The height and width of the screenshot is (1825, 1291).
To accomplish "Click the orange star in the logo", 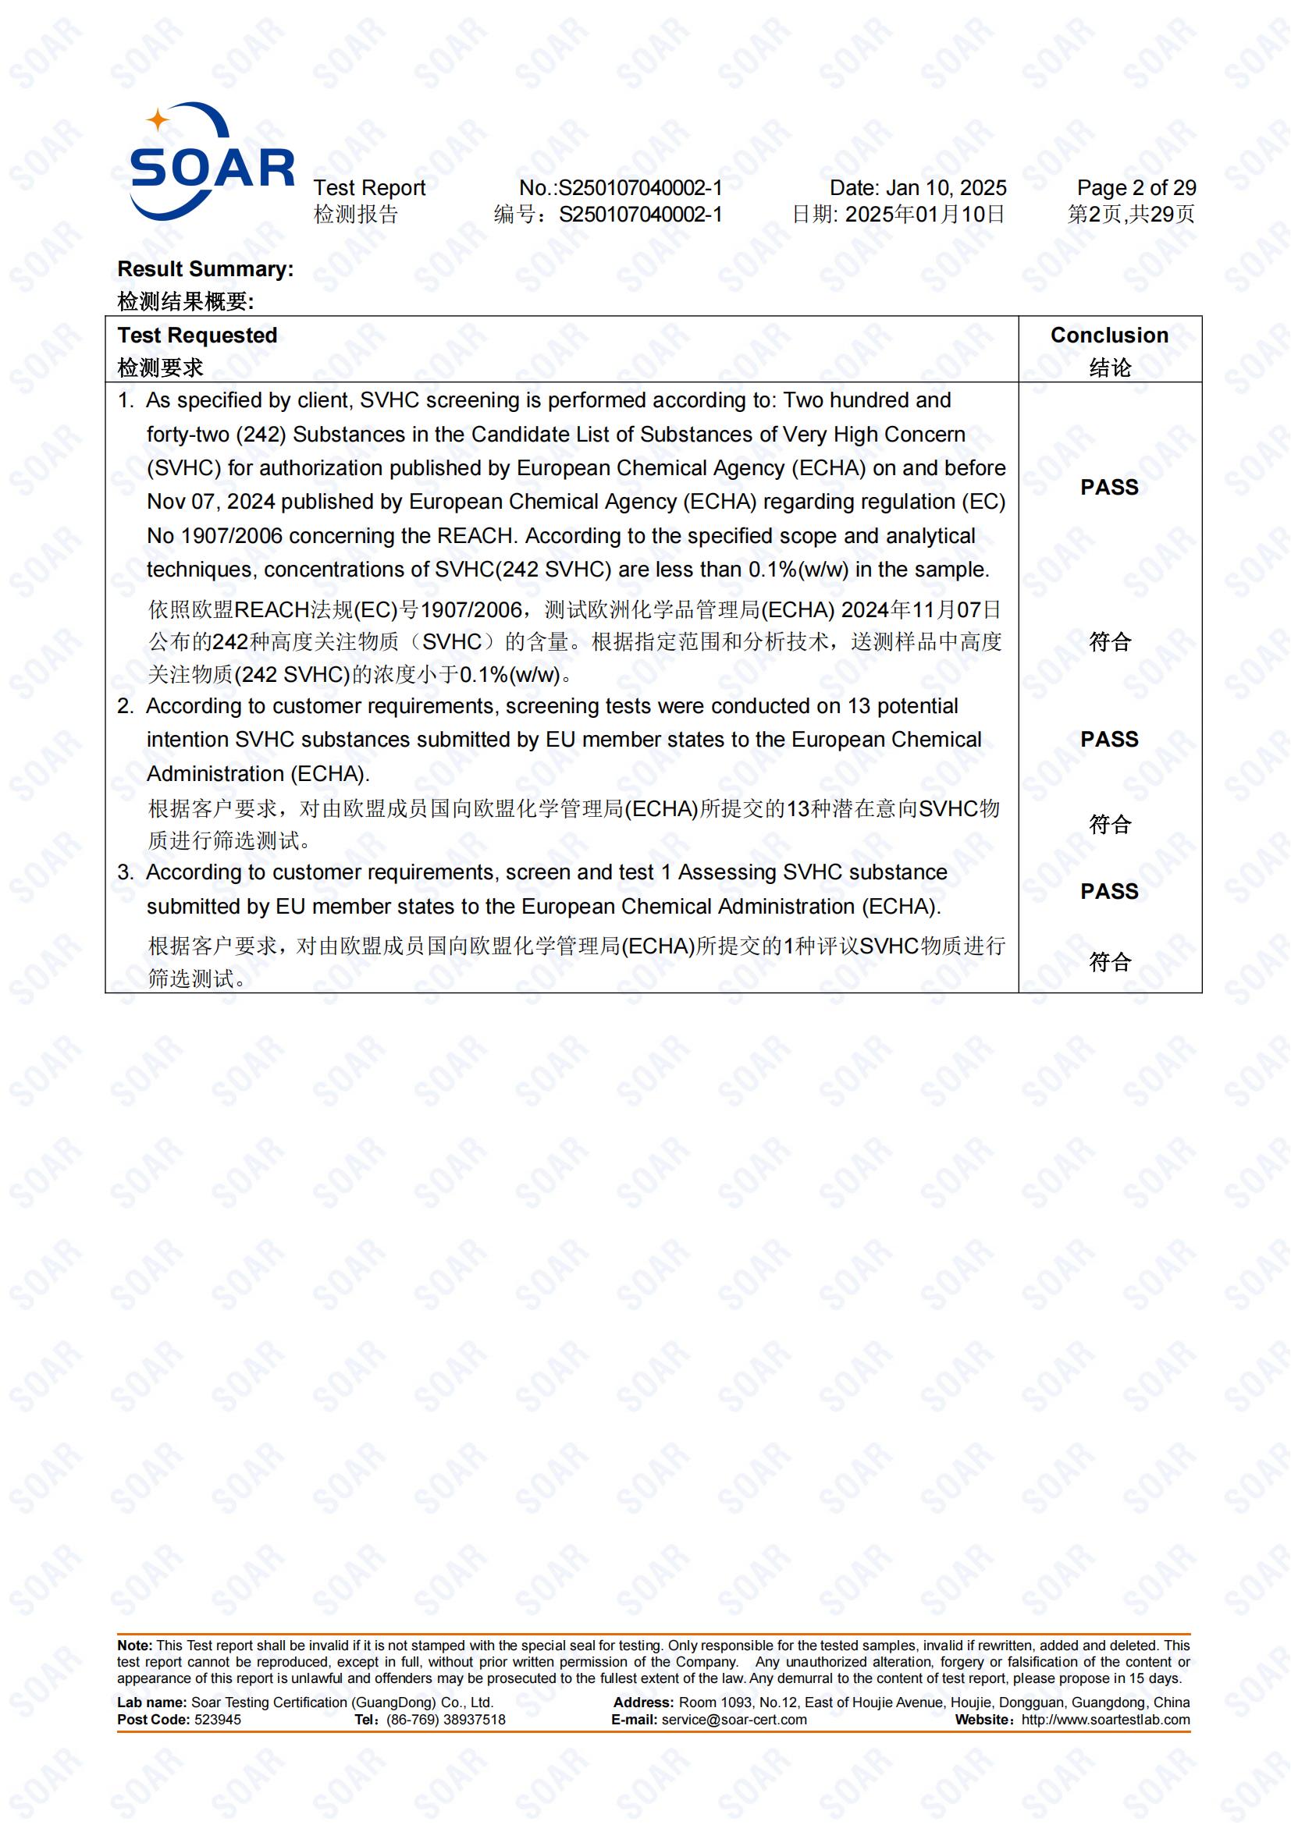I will tap(158, 120).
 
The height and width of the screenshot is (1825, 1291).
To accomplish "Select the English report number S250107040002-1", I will tap(640, 188).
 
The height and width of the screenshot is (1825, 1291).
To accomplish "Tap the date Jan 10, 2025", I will tap(945, 188).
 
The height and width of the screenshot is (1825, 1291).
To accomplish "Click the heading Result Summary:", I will tap(205, 269).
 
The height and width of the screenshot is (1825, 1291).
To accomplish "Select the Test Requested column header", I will tap(197, 336).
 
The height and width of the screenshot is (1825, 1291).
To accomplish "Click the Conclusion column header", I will tap(1109, 336).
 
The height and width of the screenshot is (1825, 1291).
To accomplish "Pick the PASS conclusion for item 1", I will tap(1109, 487).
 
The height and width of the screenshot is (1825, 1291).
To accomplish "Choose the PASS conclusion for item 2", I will tap(1109, 739).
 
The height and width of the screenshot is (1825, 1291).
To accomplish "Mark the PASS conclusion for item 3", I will tap(1109, 892).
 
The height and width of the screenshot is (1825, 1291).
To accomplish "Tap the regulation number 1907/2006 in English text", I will tap(231, 537).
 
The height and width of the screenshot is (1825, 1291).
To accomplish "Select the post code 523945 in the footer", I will tap(218, 1720).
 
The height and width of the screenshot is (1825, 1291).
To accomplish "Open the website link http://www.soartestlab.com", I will tap(1105, 1720).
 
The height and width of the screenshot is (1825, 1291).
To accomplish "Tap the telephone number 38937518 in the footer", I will tap(475, 1720).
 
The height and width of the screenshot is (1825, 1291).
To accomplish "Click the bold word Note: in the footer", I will tap(134, 1646).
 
